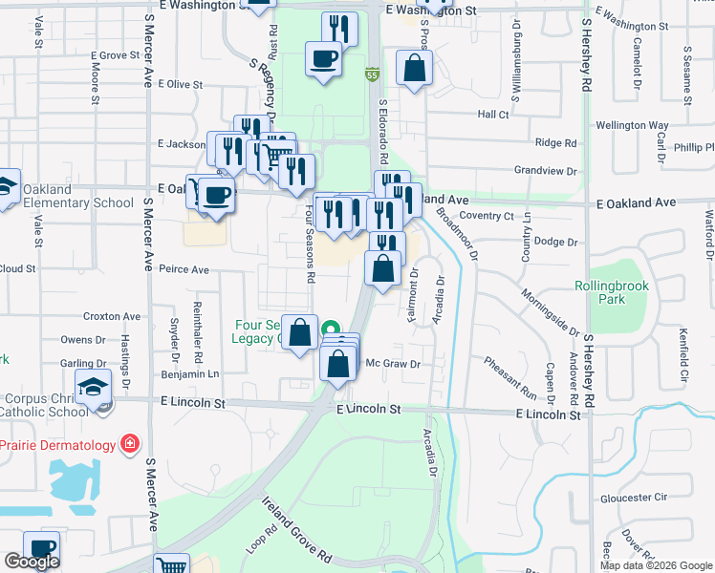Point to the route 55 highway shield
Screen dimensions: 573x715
(x=371, y=74)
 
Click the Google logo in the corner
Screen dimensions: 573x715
(x=32, y=562)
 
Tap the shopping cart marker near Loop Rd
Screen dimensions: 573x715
(x=170, y=565)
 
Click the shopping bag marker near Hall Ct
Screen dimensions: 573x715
(x=415, y=69)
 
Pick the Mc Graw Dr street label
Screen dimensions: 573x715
(x=394, y=364)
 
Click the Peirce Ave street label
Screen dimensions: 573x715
(x=184, y=270)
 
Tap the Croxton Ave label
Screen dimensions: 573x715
(x=112, y=316)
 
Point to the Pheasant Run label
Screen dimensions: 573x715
(x=509, y=375)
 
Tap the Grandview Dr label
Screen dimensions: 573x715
(x=546, y=171)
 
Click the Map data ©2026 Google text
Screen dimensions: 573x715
(x=655, y=565)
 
